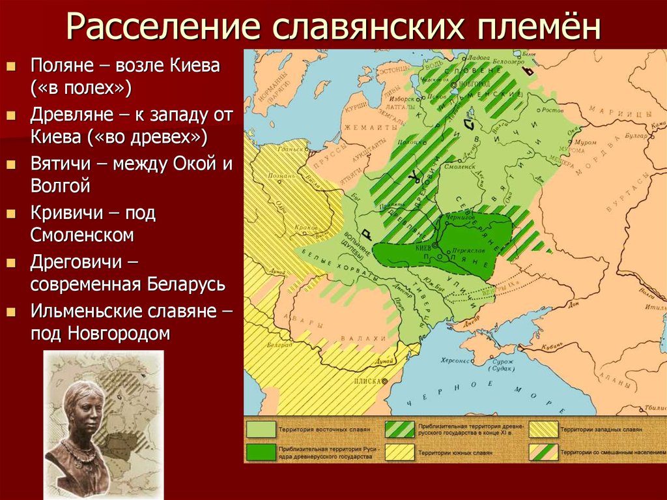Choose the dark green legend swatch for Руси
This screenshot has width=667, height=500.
(261, 452)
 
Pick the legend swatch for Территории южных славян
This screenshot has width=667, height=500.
(400, 452)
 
